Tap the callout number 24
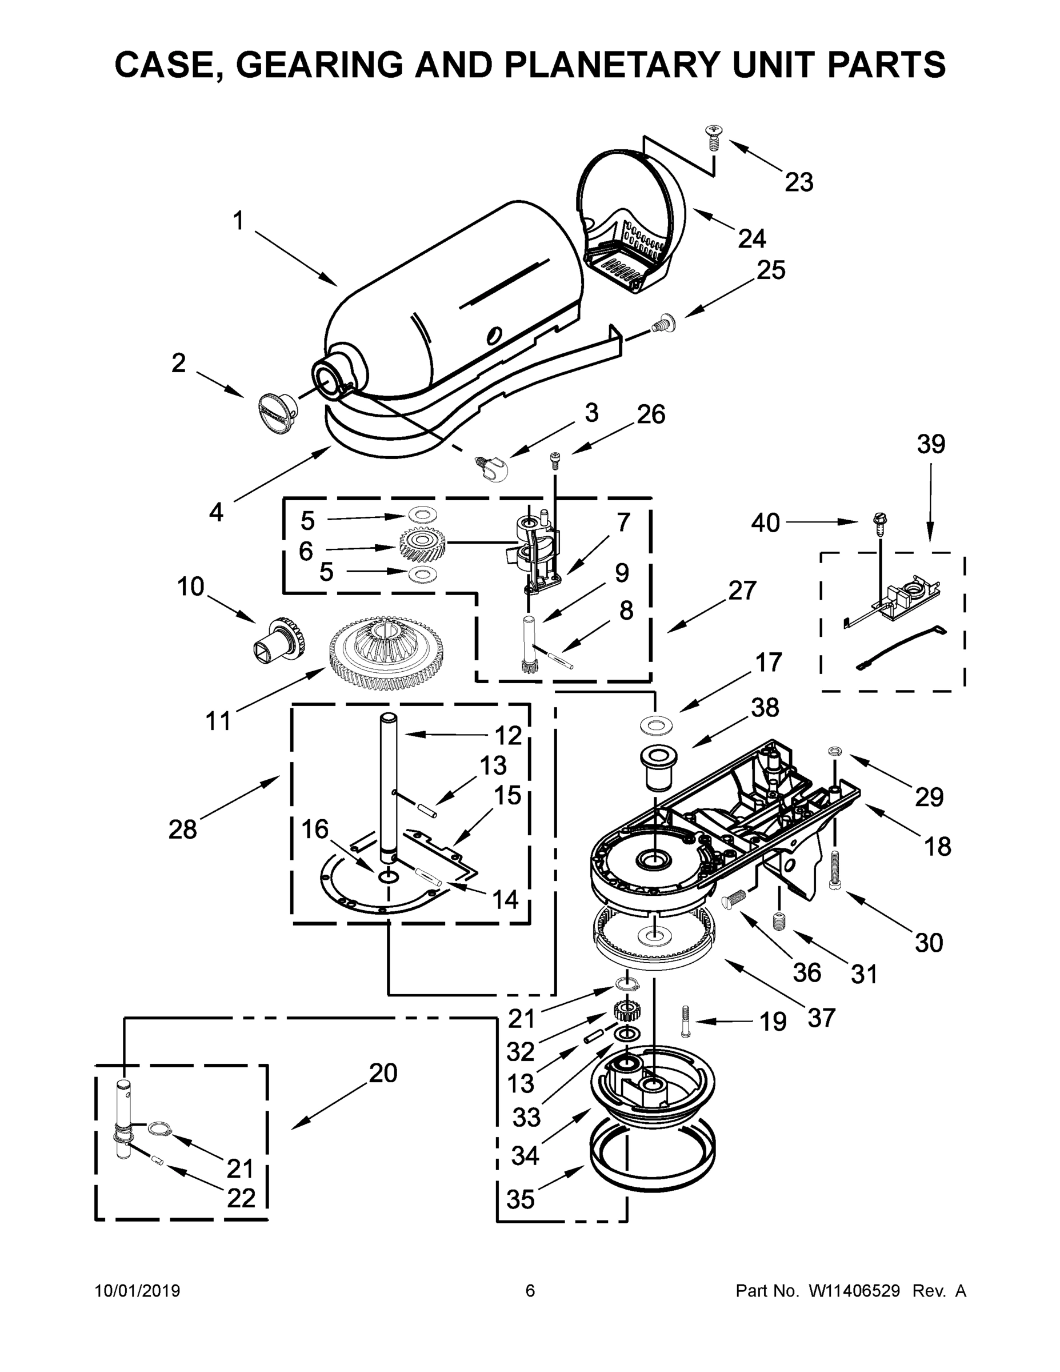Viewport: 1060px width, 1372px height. [751, 239]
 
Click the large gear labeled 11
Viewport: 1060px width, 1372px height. [386, 653]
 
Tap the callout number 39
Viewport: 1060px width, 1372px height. [931, 444]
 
